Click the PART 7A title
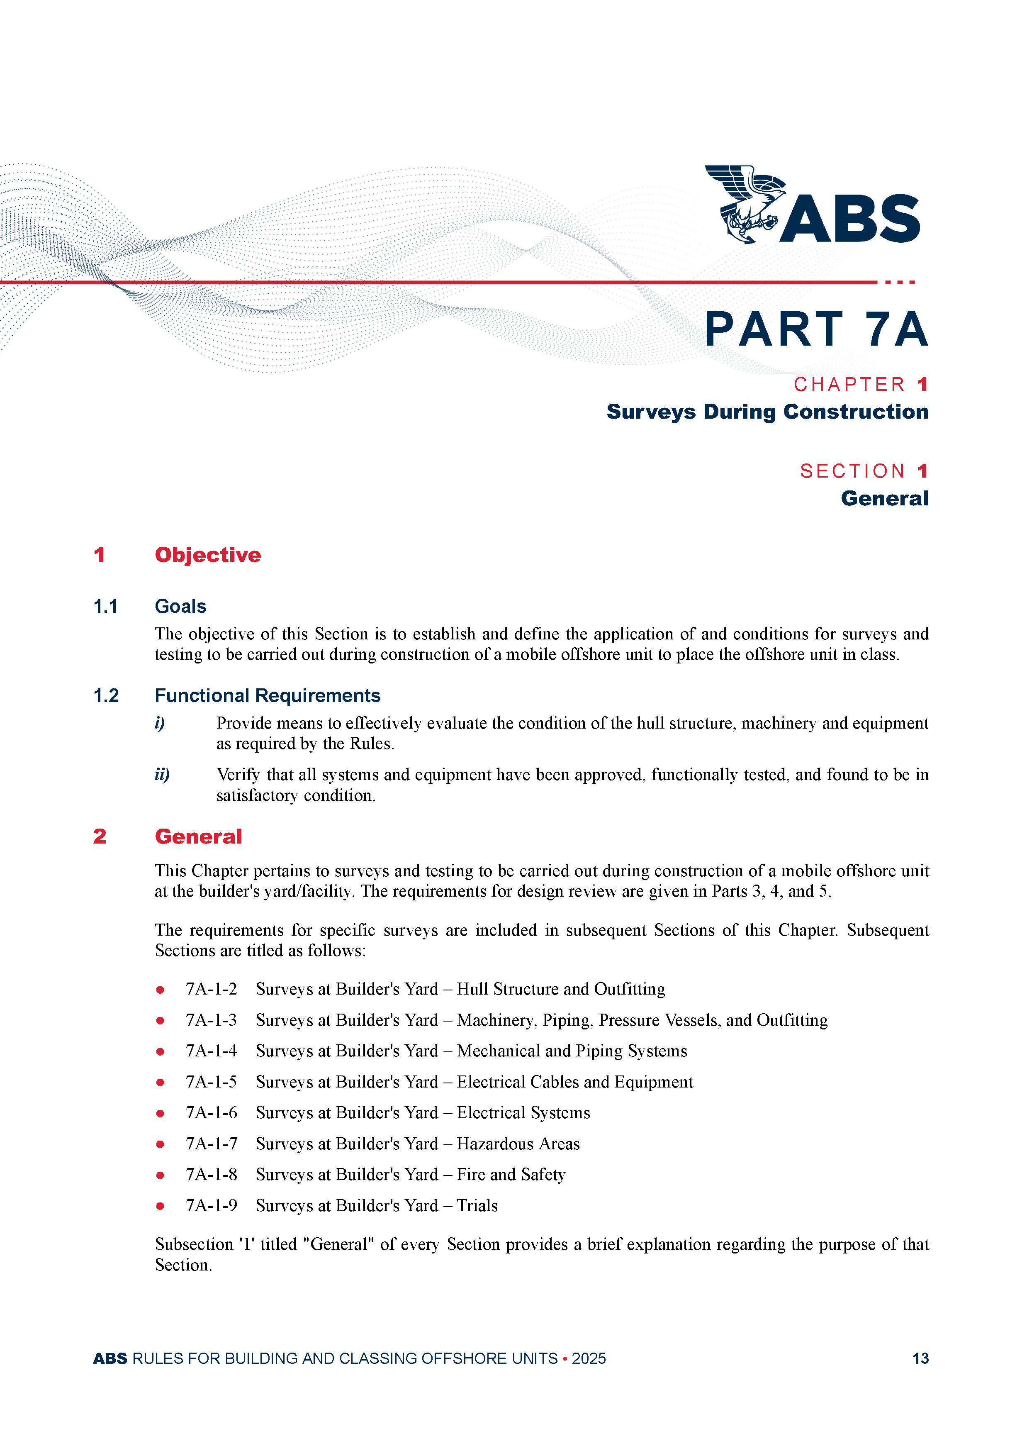coord(815,329)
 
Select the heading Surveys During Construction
coord(766,412)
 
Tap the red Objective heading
coord(208,555)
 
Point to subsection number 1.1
coord(105,607)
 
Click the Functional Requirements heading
coord(267,695)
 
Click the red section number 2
coord(100,836)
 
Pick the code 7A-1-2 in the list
coord(211,990)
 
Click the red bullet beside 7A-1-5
coord(161,1083)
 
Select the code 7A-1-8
coord(211,1175)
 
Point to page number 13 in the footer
coord(920,1358)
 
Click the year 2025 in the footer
coord(588,1358)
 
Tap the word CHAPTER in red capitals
coord(849,384)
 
